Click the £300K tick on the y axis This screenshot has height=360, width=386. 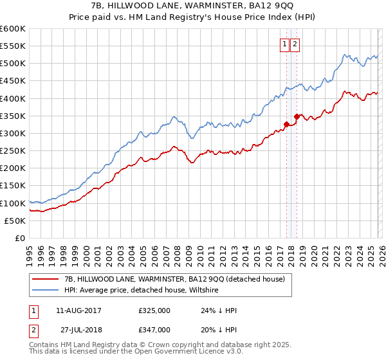coord(13,133)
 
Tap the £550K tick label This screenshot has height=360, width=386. coord(13,46)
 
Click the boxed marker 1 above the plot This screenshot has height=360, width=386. coord(284,44)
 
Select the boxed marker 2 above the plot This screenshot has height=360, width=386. coord(295,44)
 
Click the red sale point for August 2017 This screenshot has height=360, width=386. coord(286,124)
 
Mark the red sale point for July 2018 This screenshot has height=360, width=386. coord(297,116)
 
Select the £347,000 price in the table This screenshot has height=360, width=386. coord(154,329)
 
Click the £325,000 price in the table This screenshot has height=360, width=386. coord(154,310)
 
